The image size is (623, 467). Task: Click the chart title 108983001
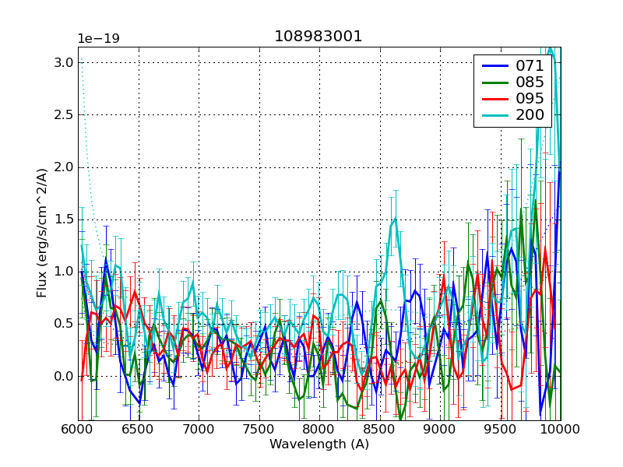pyautogui.click(x=318, y=37)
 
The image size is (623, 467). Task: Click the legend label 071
pyautogui.click(x=530, y=66)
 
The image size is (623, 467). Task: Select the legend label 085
pyautogui.click(x=530, y=82)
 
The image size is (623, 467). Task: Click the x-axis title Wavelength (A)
pyautogui.click(x=319, y=444)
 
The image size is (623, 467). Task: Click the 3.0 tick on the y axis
pyautogui.click(x=64, y=63)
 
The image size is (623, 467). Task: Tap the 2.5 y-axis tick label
pyautogui.click(x=64, y=115)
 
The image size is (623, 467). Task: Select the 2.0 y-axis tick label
pyautogui.click(x=64, y=167)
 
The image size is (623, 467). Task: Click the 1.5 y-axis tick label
pyautogui.click(x=64, y=219)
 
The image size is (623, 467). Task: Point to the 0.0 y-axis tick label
pyautogui.click(x=64, y=377)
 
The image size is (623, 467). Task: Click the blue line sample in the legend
pyautogui.click(x=494, y=66)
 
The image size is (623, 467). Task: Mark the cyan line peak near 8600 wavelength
pyautogui.click(x=395, y=218)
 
